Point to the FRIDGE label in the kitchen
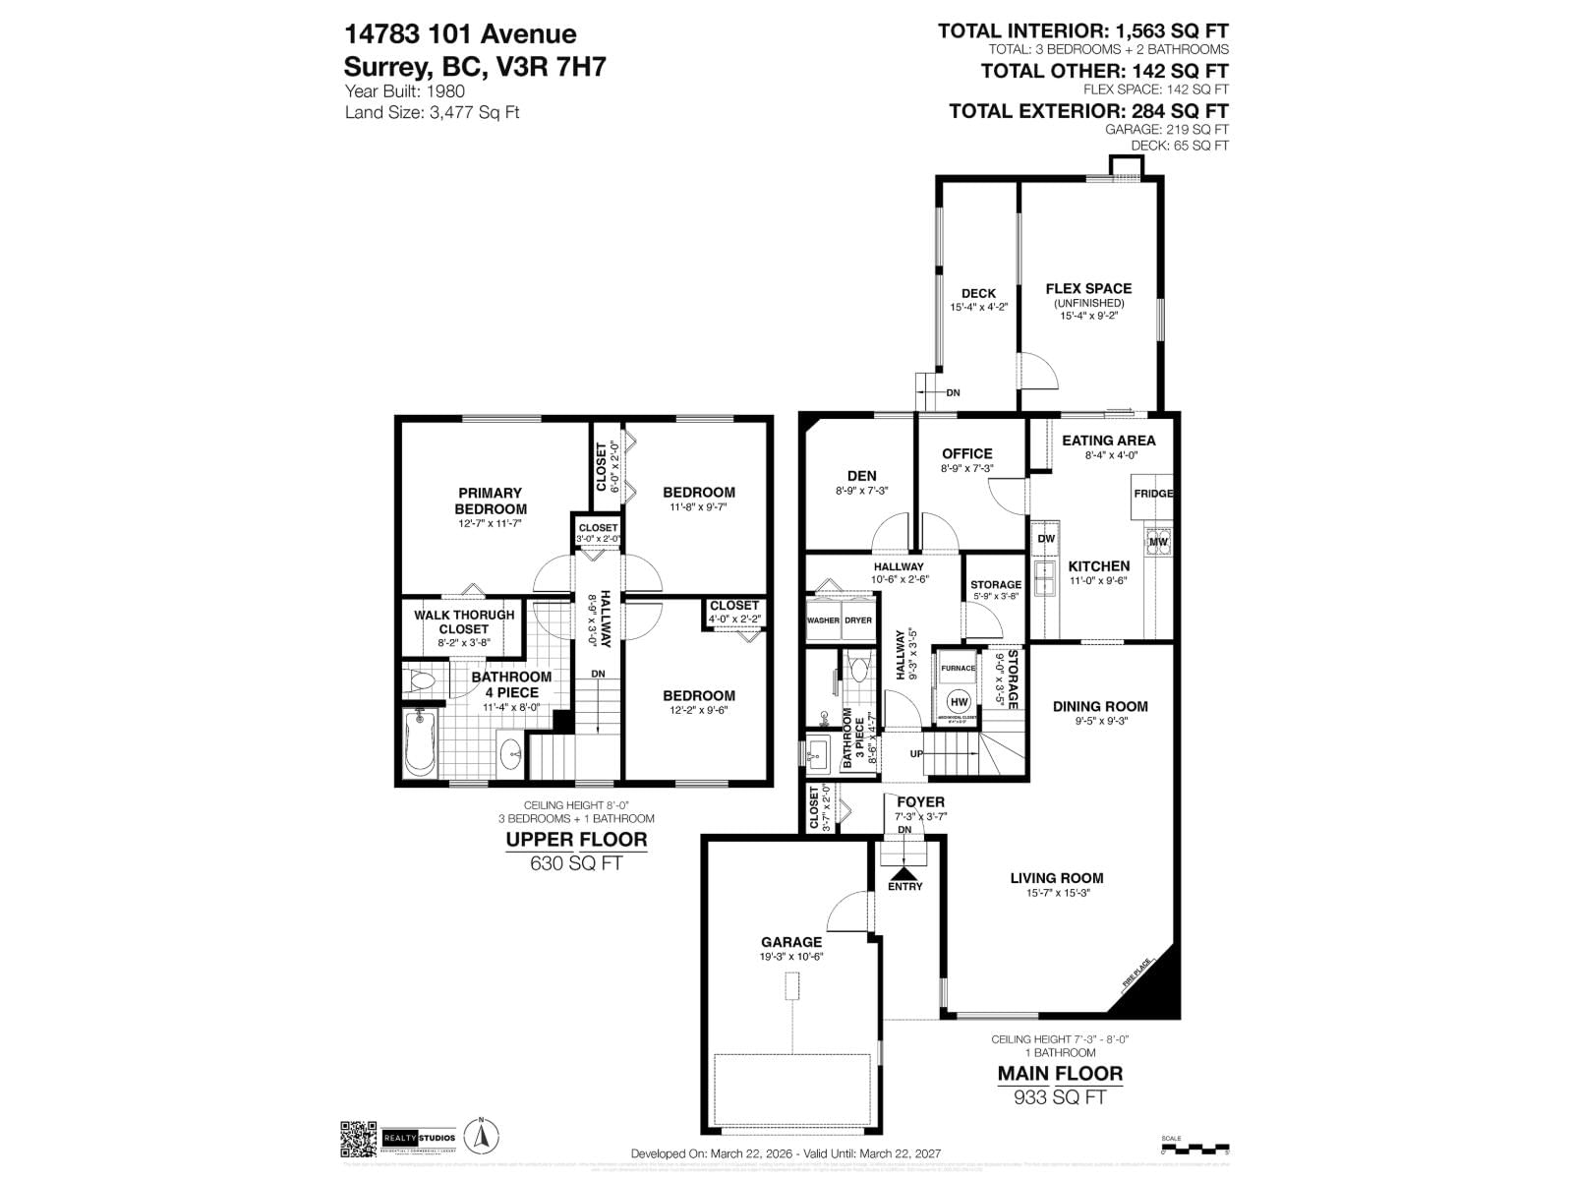coord(1153,493)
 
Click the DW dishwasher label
coord(1046,539)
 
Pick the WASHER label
coord(823,620)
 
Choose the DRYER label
coord(857,620)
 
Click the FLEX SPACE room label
coord(1088,288)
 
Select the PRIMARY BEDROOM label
coord(491,501)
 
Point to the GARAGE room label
coord(790,942)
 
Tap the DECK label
coord(978,293)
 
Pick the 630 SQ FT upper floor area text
coord(576,863)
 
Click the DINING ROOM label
coord(1100,706)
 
